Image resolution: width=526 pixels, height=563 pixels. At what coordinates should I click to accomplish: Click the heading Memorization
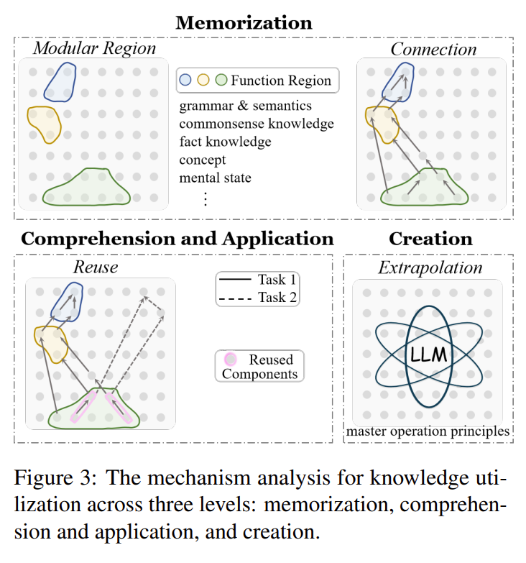click(x=244, y=22)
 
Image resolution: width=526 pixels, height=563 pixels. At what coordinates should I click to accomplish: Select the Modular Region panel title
click(x=94, y=49)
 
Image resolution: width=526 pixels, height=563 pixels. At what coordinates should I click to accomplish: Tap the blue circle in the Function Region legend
click(x=185, y=81)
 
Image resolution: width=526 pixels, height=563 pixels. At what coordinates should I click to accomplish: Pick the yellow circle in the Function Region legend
click(x=203, y=81)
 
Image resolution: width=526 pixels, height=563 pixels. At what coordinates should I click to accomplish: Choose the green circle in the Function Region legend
click(x=221, y=81)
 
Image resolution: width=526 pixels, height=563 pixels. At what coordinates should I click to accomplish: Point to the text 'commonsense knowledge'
click(x=257, y=124)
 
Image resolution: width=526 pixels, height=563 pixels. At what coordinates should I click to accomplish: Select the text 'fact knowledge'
click(x=225, y=142)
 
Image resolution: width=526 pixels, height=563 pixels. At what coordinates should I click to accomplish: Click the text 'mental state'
click(x=216, y=177)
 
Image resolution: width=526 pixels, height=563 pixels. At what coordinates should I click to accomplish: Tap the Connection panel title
click(x=433, y=49)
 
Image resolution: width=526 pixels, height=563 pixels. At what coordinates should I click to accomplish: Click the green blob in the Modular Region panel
click(x=86, y=188)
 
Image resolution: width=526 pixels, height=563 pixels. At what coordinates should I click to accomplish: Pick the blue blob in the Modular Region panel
click(x=60, y=81)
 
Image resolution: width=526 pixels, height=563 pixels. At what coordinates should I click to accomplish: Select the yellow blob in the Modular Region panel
click(x=43, y=124)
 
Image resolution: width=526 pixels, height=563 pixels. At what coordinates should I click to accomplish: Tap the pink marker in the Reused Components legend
click(x=231, y=359)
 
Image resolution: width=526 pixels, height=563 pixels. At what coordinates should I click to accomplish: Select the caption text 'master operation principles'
click(x=428, y=431)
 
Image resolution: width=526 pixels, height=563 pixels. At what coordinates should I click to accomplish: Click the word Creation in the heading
click(x=430, y=239)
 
